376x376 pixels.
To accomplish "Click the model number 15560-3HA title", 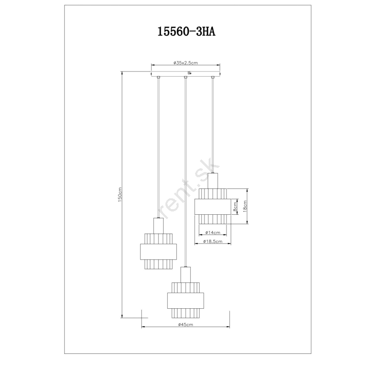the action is pos(186,31).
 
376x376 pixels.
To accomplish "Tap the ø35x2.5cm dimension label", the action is pos(186,63).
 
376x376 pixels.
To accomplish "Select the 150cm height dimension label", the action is pos(120,195).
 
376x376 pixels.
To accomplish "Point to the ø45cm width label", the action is pos(186,324).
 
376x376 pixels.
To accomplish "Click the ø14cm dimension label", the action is pos(213,232).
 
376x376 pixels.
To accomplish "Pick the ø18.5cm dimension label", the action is pos(213,241).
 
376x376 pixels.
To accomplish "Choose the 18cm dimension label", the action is pos(244,206).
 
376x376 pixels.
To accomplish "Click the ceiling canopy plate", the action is pos(186,74).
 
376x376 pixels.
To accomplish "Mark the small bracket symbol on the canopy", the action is pos(190,73).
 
